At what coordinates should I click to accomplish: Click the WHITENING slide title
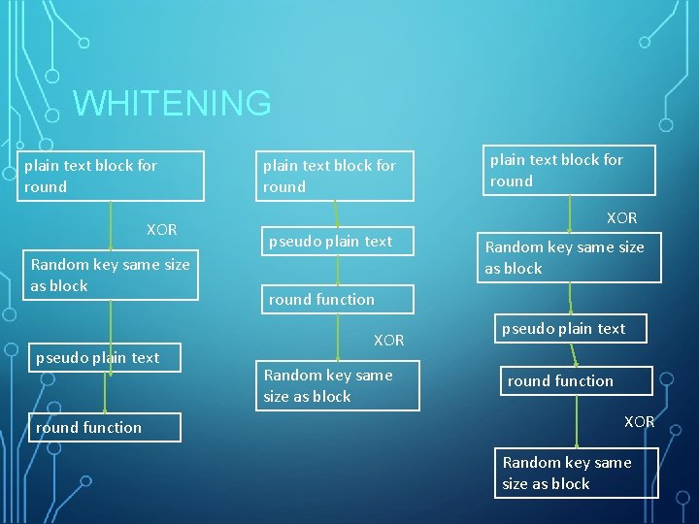(172, 103)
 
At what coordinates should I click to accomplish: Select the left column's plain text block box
(112, 176)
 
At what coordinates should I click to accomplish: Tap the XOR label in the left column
(161, 230)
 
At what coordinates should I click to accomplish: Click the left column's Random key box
(112, 275)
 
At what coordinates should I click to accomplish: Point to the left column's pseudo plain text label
(97, 358)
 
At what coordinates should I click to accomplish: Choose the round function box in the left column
(105, 427)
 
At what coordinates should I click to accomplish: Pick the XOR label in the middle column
(388, 341)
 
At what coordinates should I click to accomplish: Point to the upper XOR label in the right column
(621, 218)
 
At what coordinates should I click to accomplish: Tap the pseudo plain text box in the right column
(571, 328)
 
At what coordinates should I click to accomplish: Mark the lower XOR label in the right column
(639, 422)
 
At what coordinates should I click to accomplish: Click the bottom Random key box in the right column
(576, 473)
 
